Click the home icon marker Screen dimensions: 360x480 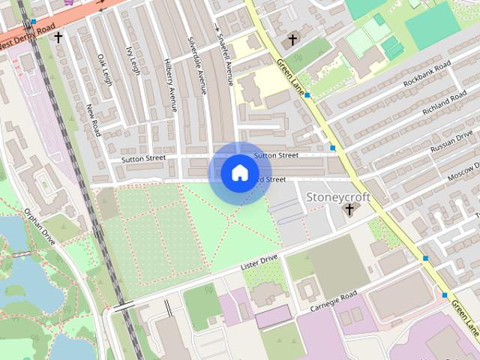pos(239,172)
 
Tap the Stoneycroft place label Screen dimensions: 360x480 pos(339,196)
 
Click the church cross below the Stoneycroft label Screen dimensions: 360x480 pos(349,209)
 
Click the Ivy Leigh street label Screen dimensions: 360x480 pos(133,58)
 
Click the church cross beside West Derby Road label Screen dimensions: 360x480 pos(58,36)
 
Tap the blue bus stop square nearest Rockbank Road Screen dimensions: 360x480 pos(308,95)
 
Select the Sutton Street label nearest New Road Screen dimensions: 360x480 pos(144,159)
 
